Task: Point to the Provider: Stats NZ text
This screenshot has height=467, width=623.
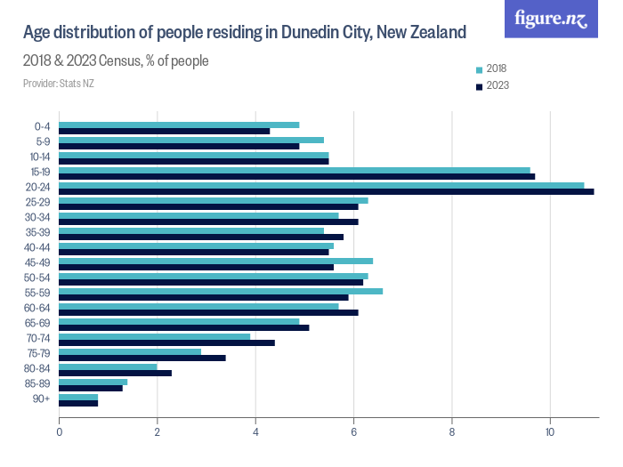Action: click(x=59, y=84)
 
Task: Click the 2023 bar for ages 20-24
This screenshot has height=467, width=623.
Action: click(x=326, y=191)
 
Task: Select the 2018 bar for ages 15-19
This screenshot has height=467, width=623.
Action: click(x=295, y=170)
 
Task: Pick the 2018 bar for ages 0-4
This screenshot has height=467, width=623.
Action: click(x=179, y=125)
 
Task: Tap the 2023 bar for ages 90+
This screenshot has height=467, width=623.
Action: click(x=78, y=403)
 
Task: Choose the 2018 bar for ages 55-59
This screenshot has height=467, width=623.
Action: click(x=221, y=291)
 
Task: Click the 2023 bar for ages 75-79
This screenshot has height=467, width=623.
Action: click(x=142, y=358)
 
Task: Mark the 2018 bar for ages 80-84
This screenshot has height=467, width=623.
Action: click(x=108, y=366)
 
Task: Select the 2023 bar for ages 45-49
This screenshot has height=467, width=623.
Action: click(x=196, y=267)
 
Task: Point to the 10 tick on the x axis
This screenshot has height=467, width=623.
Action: click(x=550, y=432)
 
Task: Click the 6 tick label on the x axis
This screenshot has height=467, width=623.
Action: click(x=354, y=432)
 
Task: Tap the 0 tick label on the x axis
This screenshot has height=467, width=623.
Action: click(x=60, y=432)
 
